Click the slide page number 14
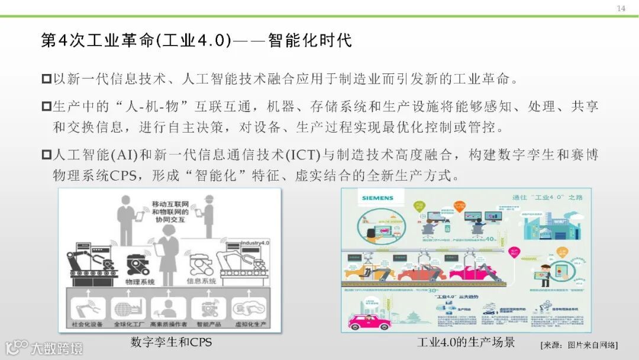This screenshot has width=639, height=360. (621, 8)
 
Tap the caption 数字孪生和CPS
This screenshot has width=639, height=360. (171, 342)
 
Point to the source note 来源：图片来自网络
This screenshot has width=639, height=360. (579, 345)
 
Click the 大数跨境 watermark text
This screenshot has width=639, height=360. (57, 348)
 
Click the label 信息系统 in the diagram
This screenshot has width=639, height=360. (201, 281)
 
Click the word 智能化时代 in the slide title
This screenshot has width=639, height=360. (309, 40)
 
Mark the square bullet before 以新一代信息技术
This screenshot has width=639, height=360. (47, 78)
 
